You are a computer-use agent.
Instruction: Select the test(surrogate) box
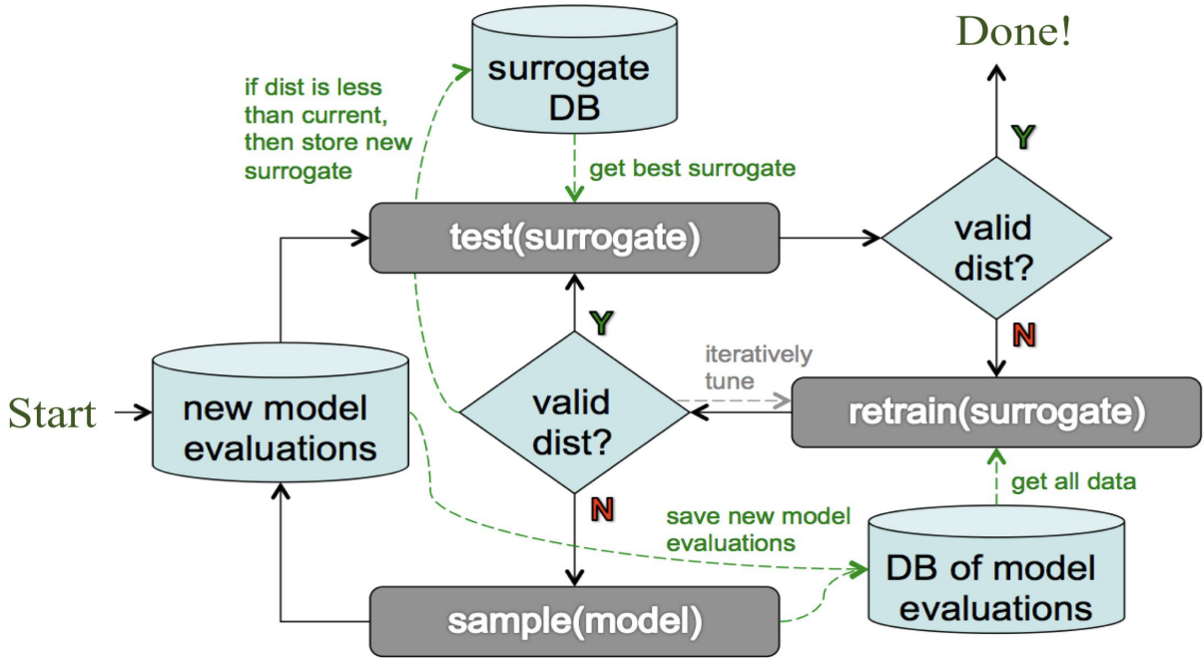click(x=573, y=238)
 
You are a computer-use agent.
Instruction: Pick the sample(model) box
click(x=573, y=620)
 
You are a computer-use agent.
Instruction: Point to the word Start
click(x=52, y=413)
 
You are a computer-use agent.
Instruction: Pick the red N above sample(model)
click(x=602, y=510)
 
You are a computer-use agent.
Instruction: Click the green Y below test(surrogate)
click(x=600, y=322)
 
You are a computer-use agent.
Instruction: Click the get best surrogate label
click(x=692, y=168)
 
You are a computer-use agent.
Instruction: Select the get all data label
click(x=1074, y=481)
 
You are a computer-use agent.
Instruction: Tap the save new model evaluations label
click(x=759, y=529)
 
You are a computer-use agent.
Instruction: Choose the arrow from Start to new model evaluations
click(x=131, y=411)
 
